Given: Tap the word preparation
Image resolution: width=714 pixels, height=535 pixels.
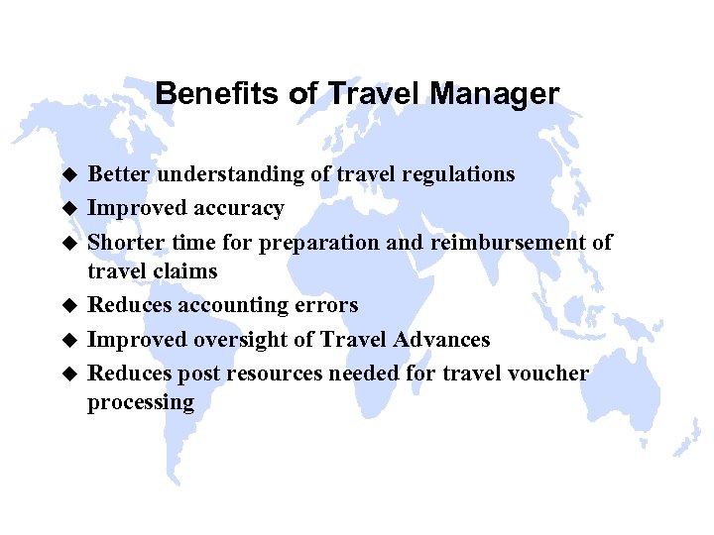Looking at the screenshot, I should tap(312, 243).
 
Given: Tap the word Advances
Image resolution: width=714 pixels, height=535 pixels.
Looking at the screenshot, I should tap(442, 339).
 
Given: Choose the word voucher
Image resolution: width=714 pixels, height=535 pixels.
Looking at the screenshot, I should tap(550, 374).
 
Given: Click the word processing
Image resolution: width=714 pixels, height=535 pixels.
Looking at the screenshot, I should tap(141, 403).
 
